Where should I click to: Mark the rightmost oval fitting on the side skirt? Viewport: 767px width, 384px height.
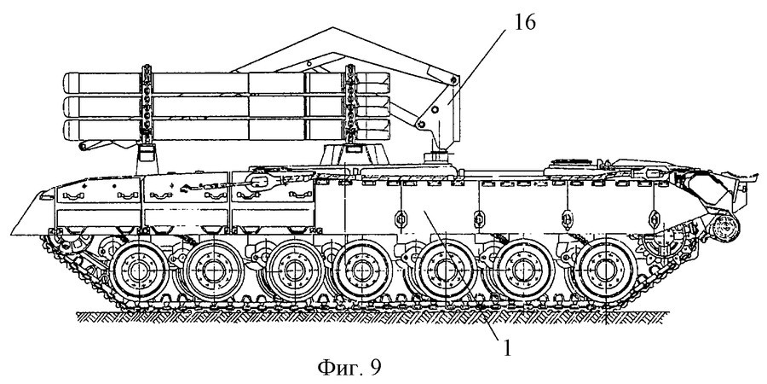[x=653, y=216]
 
